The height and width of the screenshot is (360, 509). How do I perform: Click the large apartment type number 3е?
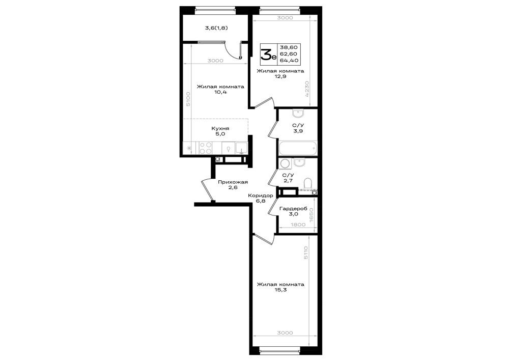[x=268, y=54]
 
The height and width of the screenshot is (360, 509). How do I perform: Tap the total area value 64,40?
[x=289, y=61]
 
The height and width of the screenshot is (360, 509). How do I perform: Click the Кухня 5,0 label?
[x=220, y=131]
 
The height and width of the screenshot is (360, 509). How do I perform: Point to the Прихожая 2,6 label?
[x=233, y=185]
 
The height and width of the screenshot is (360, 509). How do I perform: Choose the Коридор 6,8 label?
[x=260, y=199]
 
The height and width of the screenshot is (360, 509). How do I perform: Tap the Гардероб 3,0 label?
[x=293, y=211]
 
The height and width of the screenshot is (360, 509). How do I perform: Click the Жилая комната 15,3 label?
[x=280, y=287]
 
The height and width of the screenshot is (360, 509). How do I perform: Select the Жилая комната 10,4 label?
[x=220, y=89]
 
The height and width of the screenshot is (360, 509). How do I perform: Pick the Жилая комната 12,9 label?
[x=280, y=74]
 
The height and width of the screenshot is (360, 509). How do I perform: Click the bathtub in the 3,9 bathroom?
[x=298, y=149]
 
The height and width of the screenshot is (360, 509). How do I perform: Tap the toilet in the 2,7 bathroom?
[x=307, y=183]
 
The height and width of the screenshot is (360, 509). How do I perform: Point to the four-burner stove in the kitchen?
[x=206, y=148]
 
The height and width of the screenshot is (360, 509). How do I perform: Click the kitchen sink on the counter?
[x=241, y=148]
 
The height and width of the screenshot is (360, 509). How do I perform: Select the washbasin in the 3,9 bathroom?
[x=298, y=113]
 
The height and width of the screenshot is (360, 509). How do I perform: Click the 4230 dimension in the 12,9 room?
[x=307, y=89]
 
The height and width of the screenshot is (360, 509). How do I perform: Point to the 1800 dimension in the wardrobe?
[x=298, y=225]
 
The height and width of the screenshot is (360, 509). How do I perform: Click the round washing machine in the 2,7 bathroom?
[x=286, y=164]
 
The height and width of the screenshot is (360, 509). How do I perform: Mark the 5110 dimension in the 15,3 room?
[x=305, y=253]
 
